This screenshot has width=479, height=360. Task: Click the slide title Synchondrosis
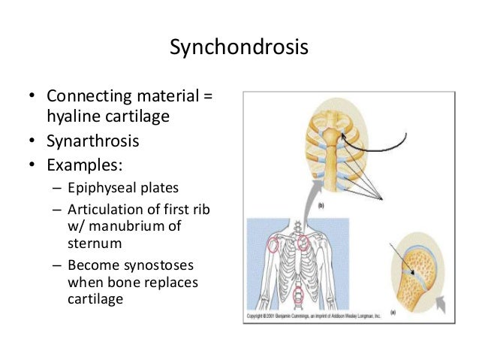pyautogui.click(x=239, y=47)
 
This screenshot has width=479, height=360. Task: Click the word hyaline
pyautogui.click(x=74, y=116)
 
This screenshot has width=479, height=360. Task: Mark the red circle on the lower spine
pyautogui.click(x=299, y=295)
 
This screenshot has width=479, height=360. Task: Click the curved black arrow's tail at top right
pyautogui.click(x=404, y=136)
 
